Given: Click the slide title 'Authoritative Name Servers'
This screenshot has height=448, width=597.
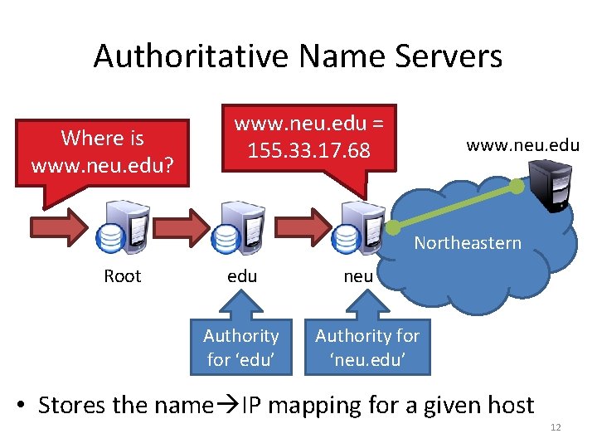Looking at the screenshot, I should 298,56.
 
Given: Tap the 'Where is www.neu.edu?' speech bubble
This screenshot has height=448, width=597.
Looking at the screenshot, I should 102,151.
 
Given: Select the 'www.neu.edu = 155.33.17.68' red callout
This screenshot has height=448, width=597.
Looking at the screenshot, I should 309,139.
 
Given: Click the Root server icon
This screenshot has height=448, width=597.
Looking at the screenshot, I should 124,227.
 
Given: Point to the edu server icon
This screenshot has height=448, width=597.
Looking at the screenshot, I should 241,227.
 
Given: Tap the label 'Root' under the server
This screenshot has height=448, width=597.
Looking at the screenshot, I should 123,276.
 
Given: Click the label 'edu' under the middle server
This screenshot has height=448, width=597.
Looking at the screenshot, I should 242,276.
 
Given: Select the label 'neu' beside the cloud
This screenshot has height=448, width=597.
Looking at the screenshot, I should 358,276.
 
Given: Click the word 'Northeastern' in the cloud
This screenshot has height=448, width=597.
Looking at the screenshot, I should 468,243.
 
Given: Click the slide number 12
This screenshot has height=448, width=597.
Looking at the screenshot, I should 556,427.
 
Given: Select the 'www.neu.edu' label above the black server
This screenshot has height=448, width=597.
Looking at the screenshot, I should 522,145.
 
